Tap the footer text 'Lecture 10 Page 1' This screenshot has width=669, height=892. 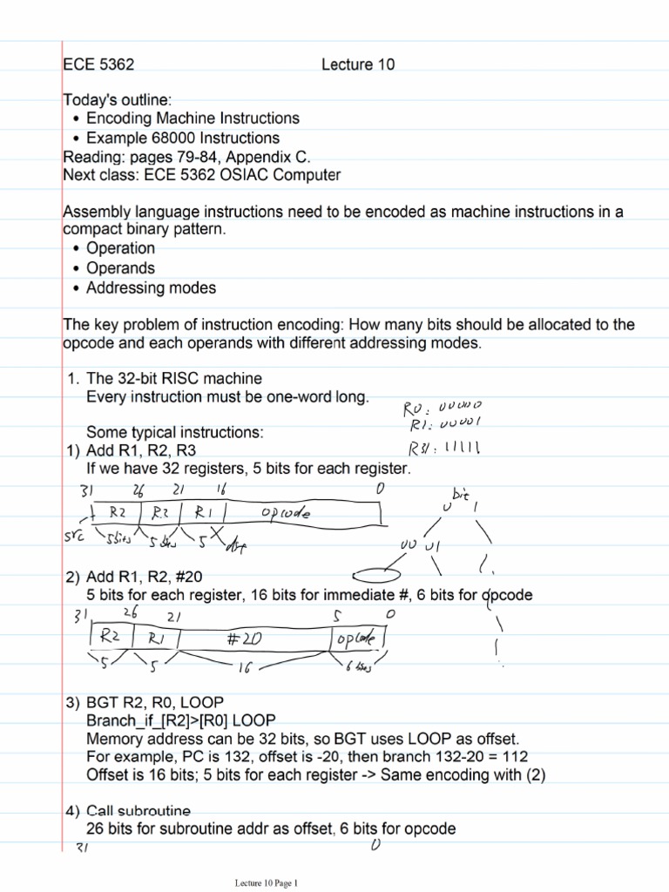pyautogui.click(x=266, y=882)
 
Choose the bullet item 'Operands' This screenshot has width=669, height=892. pyautogui.click(x=120, y=268)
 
